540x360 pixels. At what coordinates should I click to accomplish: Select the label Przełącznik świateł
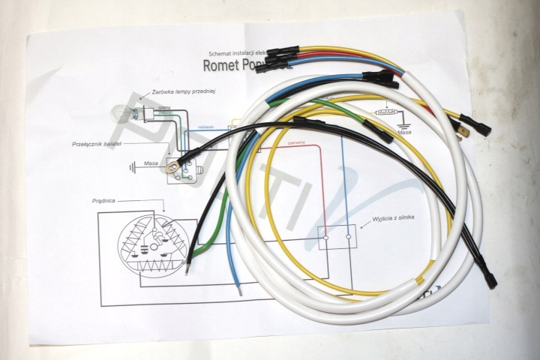pyautogui.click(x=96, y=142)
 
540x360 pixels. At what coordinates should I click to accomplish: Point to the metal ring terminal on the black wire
pyautogui.click(x=176, y=158)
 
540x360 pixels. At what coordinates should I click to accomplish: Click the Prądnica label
pyautogui.click(x=108, y=201)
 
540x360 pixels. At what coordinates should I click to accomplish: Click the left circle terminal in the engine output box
pyautogui.click(x=327, y=240)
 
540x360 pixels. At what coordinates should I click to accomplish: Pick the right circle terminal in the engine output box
pyautogui.click(x=350, y=240)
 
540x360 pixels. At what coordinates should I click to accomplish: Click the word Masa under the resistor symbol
pyautogui.click(x=405, y=132)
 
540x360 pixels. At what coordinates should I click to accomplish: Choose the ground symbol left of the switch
pyautogui.click(x=133, y=166)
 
